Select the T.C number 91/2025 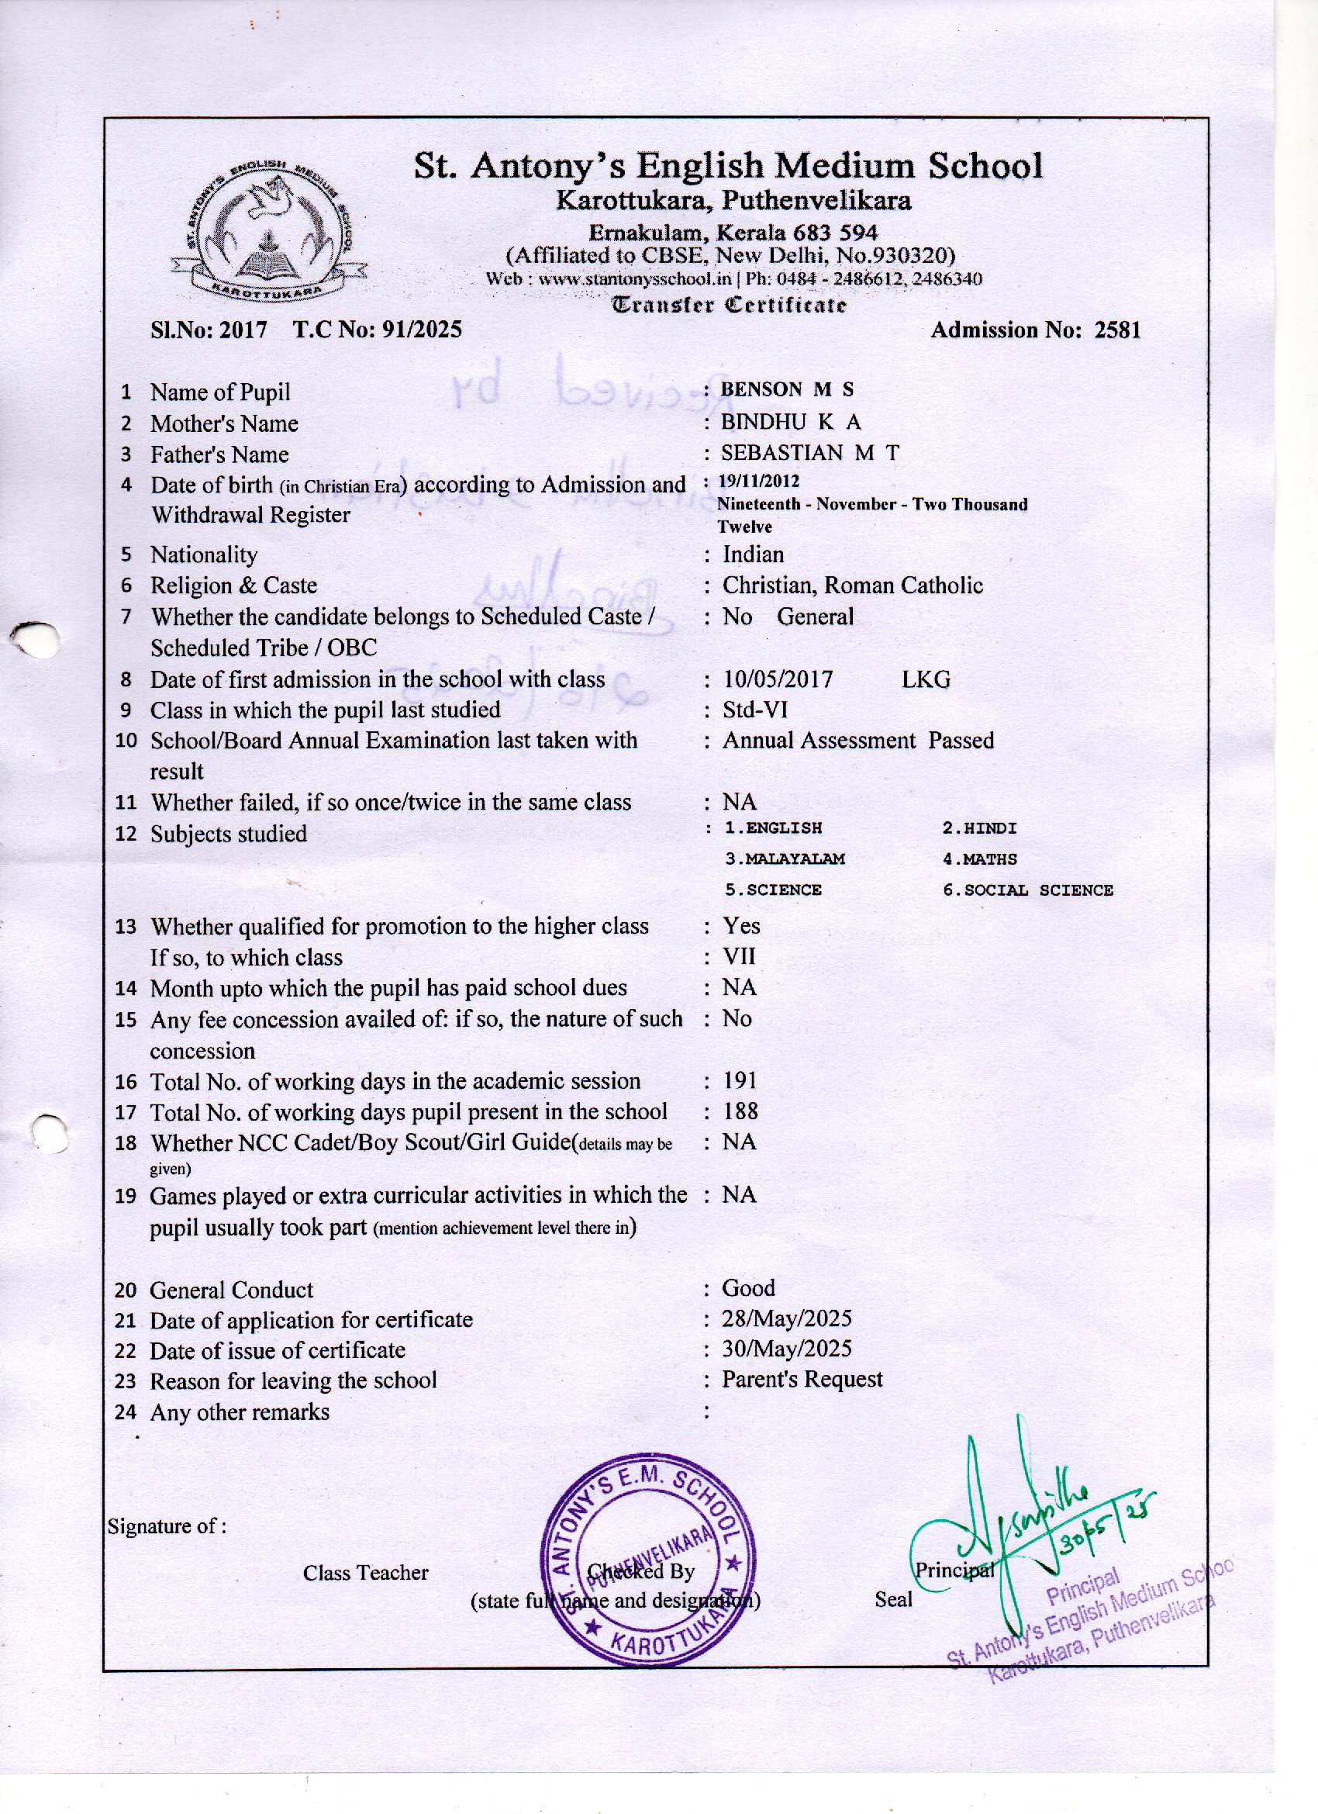pyautogui.click(x=422, y=330)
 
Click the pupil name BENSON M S pyautogui.click(x=787, y=389)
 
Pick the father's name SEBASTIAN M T pyautogui.click(x=809, y=453)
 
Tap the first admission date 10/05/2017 pyautogui.click(x=778, y=679)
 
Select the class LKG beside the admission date pyautogui.click(x=926, y=679)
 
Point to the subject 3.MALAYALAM pyautogui.click(x=785, y=859)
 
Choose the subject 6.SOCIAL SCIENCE pyautogui.click(x=1027, y=890)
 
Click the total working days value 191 pyautogui.click(x=740, y=1080)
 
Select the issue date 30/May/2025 pyautogui.click(x=786, y=1349)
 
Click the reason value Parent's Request pyautogui.click(x=802, y=1379)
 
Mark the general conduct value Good pyautogui.click(x=748, y=1287)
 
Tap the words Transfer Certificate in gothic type pyautogui.click(x=728, y=305)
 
